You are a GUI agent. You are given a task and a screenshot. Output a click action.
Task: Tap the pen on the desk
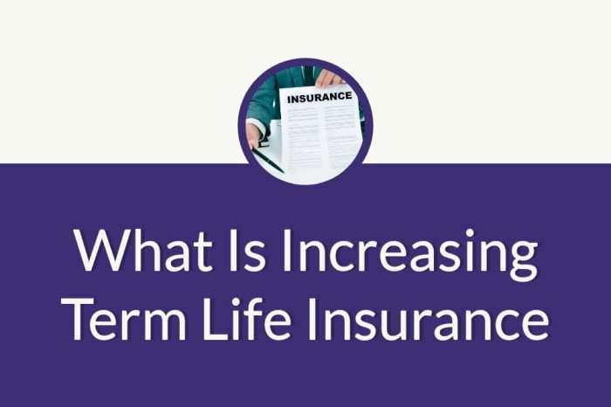click(270, 159)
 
